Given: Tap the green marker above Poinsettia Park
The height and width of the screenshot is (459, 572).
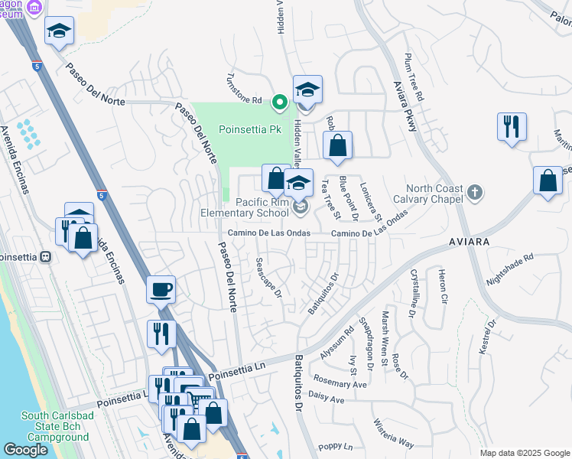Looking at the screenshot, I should pyautogui.click(x=280, y=100).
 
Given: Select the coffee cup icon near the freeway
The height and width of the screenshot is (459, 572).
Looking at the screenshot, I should pyautogui.click(x=161, y=290).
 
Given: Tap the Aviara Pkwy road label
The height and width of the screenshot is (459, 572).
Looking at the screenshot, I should pyautogui.click(x=405, y=107).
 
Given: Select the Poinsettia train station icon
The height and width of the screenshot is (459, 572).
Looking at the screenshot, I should pyautogui.click(x=46, y=257).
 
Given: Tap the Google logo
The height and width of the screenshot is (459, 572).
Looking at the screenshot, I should pyautogui.click(x=26, y=450).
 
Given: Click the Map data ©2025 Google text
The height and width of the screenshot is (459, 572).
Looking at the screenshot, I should pyautogui.click(x=525, y=453).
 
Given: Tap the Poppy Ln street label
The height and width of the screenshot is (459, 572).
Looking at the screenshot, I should pyautogui.click(x=336, y=446).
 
